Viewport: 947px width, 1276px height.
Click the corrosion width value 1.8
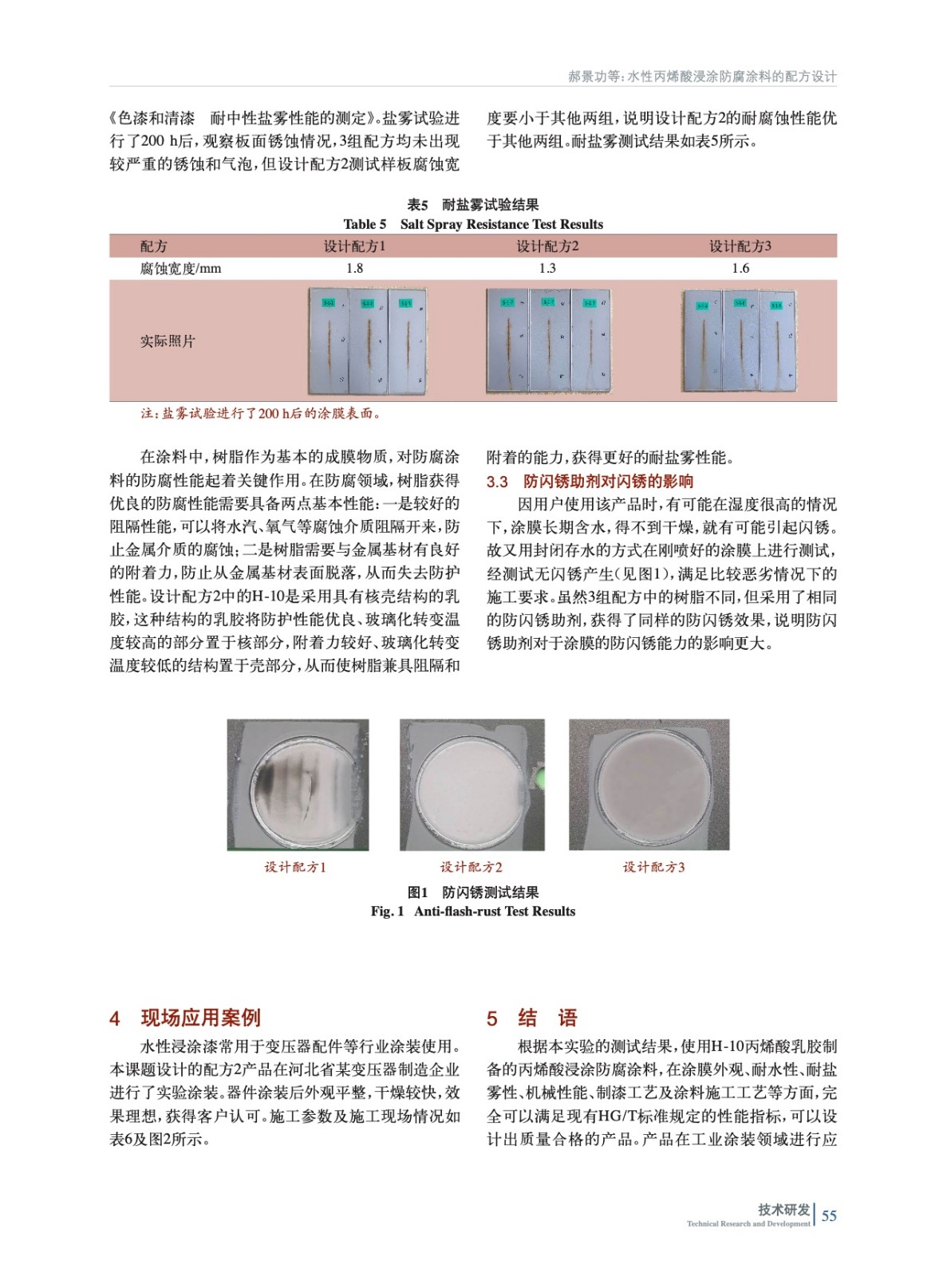[354, 269]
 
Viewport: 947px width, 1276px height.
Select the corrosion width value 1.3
[547, 269]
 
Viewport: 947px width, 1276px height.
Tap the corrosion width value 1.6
[740, 269]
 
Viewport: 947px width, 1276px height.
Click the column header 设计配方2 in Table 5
[547, 246]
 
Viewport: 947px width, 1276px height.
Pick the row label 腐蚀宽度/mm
[180, 269]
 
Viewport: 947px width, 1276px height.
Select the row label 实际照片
[168, 341]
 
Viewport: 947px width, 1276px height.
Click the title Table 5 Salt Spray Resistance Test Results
[473, 224]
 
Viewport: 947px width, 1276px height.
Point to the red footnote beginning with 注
[261, 413]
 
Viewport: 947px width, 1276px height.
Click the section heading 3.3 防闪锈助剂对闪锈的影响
[590, 482]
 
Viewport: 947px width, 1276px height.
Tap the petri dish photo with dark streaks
[298, 785]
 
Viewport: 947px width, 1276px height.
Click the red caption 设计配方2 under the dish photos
[472, 867]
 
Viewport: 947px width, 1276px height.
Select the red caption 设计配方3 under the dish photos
[653, 867]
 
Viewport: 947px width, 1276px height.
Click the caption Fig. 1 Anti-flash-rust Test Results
[473, 912]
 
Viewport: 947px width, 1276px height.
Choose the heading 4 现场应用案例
[185, 1018]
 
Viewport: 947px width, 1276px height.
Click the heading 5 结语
[531, 1018]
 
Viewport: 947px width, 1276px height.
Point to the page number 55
[829, 1215]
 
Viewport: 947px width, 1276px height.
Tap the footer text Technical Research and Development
[748, 1223]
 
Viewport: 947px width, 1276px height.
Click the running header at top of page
[702, 77]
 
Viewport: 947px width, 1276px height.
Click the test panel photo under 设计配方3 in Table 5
[739, 341]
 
